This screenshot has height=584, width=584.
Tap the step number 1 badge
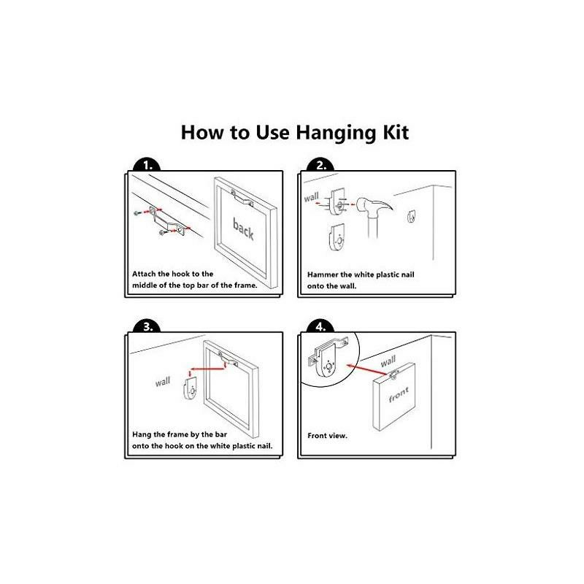(x=147, y=166)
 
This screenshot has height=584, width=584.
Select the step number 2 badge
(x=320, y=166)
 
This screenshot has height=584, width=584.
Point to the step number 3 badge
(x=147, y=326)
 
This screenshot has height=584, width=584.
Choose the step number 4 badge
(x=320, y=326)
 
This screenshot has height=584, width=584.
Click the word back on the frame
(x=243, y=228)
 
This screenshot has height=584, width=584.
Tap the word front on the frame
(x=399, y=394)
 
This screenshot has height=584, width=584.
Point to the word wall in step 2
(x=312, y=196)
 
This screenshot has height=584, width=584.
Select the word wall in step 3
(x=163, y=381)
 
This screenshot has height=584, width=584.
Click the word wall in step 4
(x=388, y=361)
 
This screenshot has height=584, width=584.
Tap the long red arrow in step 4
(x=369, y=370)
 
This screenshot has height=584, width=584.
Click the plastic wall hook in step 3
(x=191, y=388)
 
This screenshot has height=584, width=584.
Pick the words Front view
(x=327, y=435)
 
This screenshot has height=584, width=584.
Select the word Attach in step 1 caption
(x=144, y=274)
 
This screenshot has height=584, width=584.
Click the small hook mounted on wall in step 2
(x=411, y=216)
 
